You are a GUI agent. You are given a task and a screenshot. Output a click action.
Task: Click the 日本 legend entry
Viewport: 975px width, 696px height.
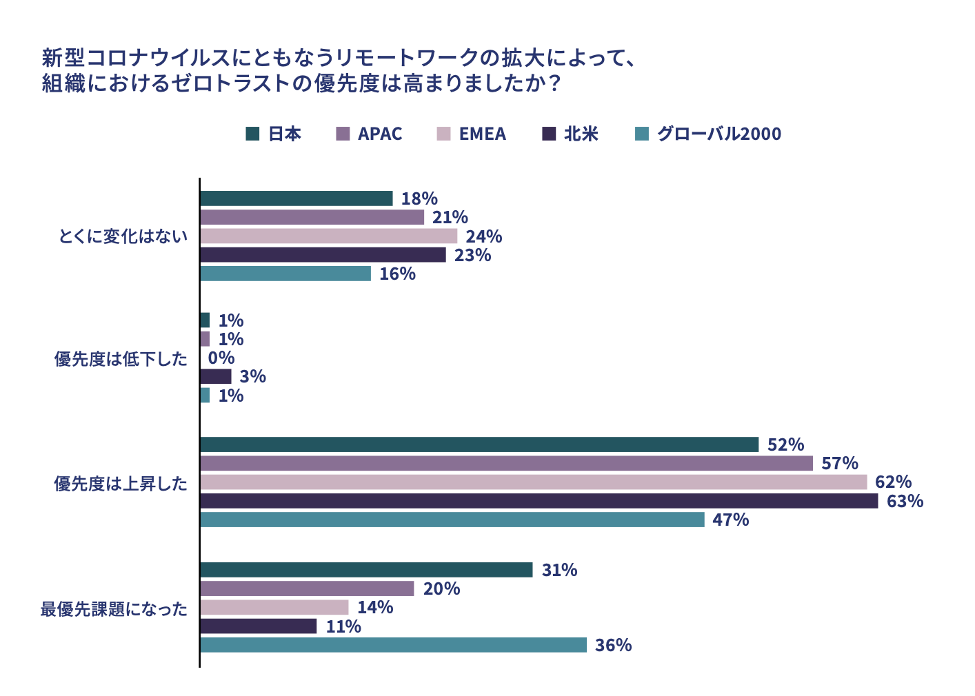coord(274,134)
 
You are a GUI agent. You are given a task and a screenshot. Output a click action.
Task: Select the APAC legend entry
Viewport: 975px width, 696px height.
coord(370,134)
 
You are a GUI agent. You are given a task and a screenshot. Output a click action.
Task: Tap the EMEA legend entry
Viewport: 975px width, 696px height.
coord(472,134)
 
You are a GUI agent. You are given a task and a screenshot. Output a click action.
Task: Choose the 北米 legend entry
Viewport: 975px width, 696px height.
coord(570,134)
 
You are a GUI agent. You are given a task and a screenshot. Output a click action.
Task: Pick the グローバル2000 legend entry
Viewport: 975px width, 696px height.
coord(708,134)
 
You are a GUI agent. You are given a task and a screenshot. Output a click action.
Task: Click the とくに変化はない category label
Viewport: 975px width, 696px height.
coord(123,236)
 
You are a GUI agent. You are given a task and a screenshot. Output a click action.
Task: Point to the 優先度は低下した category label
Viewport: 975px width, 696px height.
coord(121,359)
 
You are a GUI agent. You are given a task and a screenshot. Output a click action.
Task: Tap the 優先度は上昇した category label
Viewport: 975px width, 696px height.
coord(121,484)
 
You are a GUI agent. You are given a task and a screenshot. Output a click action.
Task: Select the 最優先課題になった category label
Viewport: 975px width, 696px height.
coord(114,609)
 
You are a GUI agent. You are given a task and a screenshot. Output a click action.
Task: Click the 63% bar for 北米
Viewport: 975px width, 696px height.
coord(539,501)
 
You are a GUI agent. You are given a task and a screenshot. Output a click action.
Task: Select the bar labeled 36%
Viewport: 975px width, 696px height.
coord(393,645)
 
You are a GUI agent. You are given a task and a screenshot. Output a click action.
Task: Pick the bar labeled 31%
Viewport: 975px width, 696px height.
coord(366,570)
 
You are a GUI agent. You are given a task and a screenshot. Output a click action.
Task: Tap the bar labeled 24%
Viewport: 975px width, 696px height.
coord(328,236)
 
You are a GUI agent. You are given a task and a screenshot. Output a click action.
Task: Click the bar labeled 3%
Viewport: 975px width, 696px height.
coord(216,376)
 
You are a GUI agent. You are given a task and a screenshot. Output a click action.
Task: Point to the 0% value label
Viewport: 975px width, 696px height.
coord(221,358)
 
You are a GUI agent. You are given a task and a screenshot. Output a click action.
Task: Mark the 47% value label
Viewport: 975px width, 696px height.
coord(731,520)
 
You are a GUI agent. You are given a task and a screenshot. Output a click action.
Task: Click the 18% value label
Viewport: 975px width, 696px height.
coord(419,198)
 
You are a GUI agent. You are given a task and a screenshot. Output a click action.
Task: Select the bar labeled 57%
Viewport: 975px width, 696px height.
coord(506,463)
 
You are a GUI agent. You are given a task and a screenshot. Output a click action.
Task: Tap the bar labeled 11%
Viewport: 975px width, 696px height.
coord(259,626)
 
